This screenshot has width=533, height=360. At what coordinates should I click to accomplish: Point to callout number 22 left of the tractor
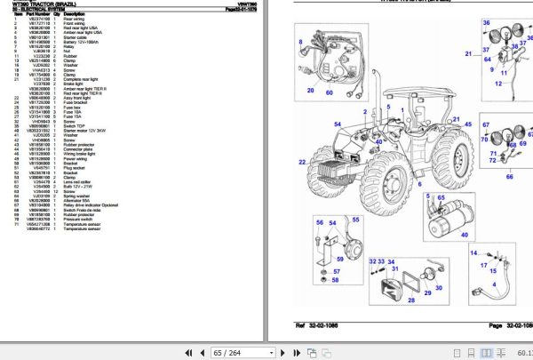(x=302, y=162)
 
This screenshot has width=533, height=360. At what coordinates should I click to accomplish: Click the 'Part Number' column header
(x=35, y=15)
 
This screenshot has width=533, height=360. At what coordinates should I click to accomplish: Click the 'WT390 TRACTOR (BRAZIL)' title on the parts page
(x=40, y=4)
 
